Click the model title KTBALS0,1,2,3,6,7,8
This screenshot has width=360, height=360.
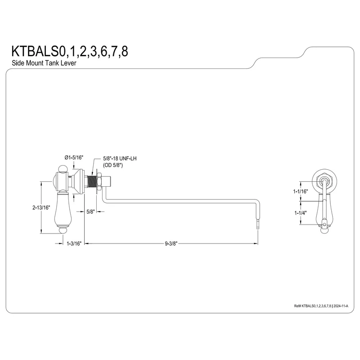click(70, 51)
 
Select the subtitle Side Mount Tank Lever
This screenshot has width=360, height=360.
click(44, 63)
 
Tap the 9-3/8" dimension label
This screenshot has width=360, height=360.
click(171, 243)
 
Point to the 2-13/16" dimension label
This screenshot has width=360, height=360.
click(41, 207)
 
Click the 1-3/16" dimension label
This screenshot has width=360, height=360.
click(74, 243)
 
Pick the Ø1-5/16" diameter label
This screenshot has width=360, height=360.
click(74, 157)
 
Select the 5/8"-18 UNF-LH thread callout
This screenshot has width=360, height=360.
click(120, 158)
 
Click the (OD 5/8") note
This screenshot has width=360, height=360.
click(113, 165)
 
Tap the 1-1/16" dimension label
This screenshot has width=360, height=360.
click(301, 191)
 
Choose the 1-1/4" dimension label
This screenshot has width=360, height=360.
click(301, 213)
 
